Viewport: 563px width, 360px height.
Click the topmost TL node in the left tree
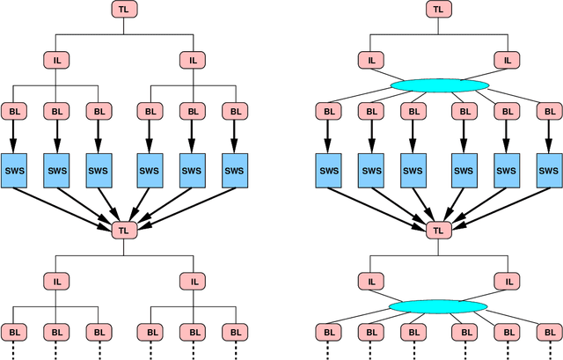tap(124, 10)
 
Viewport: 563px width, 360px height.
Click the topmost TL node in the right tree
tap(437, 10)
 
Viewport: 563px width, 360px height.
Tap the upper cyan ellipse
tap(439, 85)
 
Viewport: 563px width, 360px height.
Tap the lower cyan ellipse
tap(439, 306)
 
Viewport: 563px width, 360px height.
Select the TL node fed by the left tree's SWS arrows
tap(124, 230)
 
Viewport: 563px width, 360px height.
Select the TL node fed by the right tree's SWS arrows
tap(437, 230)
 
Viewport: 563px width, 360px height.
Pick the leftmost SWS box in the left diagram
tap(14, 170)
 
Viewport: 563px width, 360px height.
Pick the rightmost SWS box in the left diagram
tap(234, 170)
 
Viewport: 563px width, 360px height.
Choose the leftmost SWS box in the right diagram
tap(329, 170)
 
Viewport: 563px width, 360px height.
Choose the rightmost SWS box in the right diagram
tap(548, 170)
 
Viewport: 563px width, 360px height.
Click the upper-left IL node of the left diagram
tap(55, 61)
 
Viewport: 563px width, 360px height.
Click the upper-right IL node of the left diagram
tap(193, 61)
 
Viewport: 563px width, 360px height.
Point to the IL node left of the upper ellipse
tap(370, 61)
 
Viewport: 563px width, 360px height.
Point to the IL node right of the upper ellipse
tap(507, 61)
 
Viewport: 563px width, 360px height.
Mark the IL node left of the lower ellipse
tap(370, 281)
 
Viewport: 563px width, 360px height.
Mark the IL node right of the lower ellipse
tap(507, 281)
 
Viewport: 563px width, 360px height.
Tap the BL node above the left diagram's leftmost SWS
tap(14, 112)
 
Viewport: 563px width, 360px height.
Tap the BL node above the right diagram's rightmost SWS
tap(548, 112)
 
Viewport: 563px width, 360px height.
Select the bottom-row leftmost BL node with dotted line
tap(14, 332)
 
